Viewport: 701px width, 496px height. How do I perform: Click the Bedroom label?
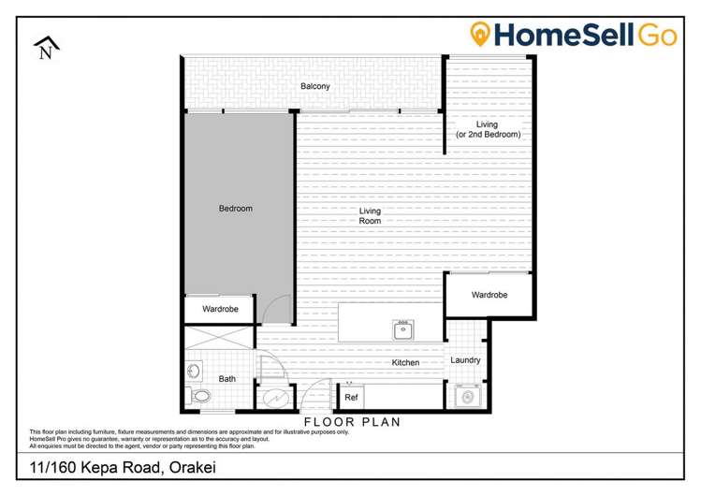(235, 209)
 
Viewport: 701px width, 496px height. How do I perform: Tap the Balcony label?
(314, 87)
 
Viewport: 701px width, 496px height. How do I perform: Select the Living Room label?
(371, 215)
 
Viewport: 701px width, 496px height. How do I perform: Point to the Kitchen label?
(405, 362)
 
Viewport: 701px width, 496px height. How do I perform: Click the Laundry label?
(465, 360)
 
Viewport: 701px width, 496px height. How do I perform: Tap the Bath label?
(226, 379)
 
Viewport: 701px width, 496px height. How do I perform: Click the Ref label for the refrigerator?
(351, 398)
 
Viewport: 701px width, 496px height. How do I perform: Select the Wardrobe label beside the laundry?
(489, 295)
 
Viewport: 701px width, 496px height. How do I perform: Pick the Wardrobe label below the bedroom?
(220, 309)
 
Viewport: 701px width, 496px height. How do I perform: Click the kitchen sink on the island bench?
(404, 328)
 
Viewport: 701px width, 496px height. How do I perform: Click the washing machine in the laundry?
(466, 397)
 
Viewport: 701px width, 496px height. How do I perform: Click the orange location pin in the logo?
(481, 35)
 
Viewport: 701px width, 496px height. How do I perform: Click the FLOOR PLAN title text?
(351, 422)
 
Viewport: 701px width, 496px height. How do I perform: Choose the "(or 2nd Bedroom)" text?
(488, 135)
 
